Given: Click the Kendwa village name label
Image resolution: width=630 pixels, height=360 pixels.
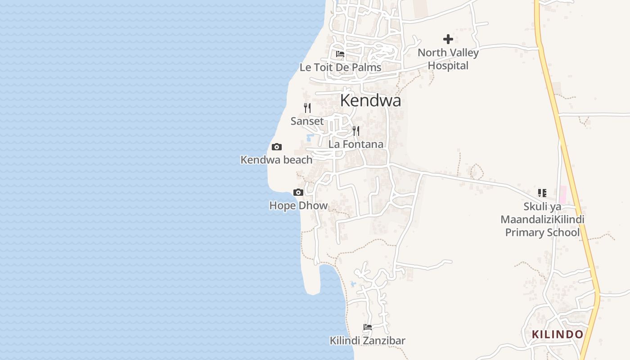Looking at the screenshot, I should [x=370, y=100].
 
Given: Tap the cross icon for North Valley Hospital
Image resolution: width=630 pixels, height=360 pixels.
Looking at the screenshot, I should [x=448, y=39].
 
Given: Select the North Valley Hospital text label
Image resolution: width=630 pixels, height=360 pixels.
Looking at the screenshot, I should [x=448, y=59].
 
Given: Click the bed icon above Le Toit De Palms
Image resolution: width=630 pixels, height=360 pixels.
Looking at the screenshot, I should [x=340, y=54].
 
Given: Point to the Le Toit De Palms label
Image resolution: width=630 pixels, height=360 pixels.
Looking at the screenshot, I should [x=340, y=67].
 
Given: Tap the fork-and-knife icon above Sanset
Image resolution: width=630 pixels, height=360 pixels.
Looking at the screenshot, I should [x=307, y=108].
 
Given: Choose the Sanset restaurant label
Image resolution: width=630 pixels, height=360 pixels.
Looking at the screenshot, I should [x=307, y=121].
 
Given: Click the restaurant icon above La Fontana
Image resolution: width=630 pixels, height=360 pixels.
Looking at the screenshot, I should [x=356, y=131].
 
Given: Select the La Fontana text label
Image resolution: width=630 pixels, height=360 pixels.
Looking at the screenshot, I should [x=356, y=144].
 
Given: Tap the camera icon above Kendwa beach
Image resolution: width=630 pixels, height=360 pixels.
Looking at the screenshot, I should [x=277, y=147].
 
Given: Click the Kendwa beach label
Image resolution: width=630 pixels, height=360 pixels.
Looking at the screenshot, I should [x=276, y=160].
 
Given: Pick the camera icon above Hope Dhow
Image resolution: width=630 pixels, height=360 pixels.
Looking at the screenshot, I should [x=298, y=193].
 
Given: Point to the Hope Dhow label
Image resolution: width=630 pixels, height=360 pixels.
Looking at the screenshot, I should [x=298, y=206].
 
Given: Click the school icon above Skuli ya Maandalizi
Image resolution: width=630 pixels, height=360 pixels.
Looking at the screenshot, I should [x=542, y=193].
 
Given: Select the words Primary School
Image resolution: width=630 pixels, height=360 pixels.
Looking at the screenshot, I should [x=542, y=232].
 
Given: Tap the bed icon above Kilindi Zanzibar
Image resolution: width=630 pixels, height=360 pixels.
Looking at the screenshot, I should [x=368, y=327].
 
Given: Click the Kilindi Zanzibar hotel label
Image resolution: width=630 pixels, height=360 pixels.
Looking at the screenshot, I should [x=368, y=341].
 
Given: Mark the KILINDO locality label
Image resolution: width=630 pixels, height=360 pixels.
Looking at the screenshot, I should [x=558, y=334].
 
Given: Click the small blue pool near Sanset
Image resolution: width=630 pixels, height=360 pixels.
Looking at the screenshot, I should [x=310, y=137].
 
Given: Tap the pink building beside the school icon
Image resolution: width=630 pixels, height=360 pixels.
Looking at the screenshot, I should [x=562, y=195].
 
